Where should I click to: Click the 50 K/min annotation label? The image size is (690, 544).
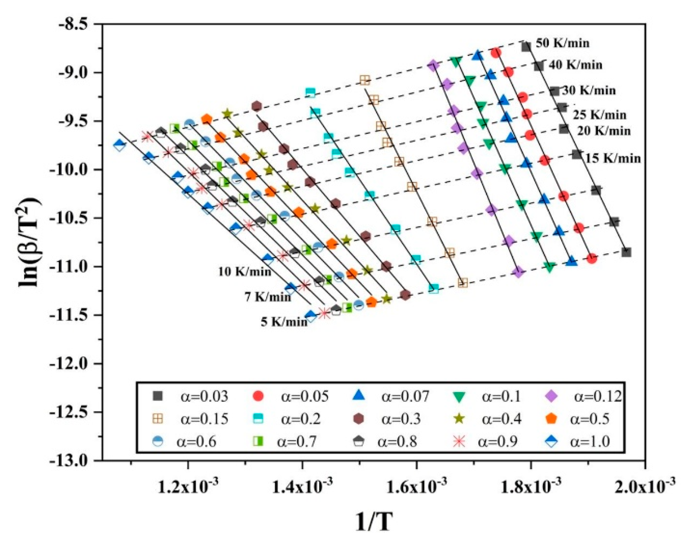(x=562, y=43)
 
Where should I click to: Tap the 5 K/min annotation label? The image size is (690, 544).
(x=284, y=322)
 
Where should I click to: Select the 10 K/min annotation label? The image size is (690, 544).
(x=245, y=272)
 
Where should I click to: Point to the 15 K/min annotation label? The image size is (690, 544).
(x=613, y=158)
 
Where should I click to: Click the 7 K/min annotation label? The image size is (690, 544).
(x=268, y=297)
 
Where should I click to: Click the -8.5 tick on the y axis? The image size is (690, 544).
(x=73, y=24)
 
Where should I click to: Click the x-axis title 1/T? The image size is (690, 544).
(x=374, y=522)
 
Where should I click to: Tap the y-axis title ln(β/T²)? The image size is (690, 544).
(x=30, y=242)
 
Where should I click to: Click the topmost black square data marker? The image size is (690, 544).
(x=526, y=47)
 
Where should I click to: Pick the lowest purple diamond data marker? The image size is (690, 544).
(x=518, y=272)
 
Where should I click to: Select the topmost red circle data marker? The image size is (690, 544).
(x=496, y=53)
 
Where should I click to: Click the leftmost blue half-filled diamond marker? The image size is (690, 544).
(x=119, y=145)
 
